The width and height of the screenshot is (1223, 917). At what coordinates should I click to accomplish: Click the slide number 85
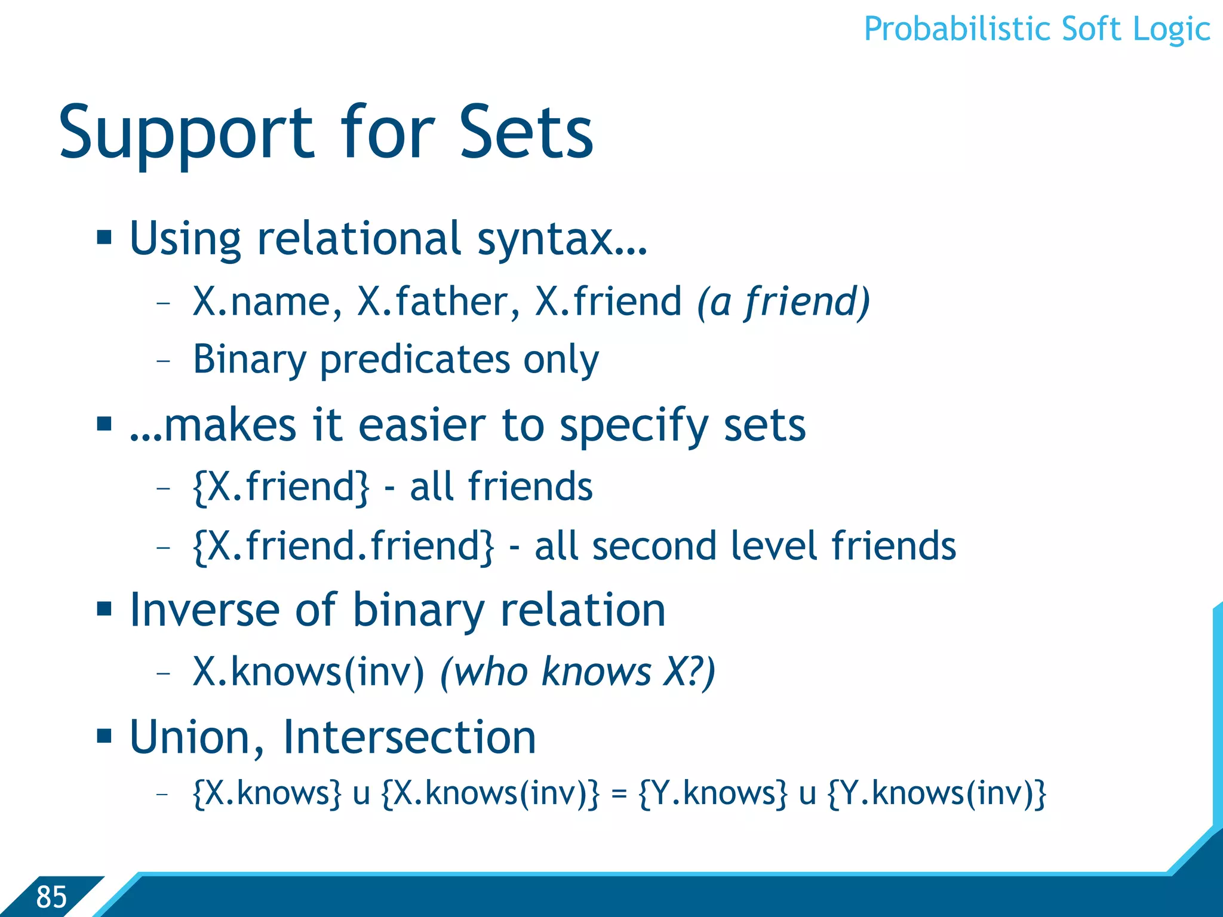pyautogui.click(x=51, y=896)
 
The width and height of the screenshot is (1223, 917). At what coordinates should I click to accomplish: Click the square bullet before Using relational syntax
pyautogui.click(x=105, y=237)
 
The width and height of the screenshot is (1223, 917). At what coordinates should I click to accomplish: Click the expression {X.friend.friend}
pyautogui.click(x=343, y=546)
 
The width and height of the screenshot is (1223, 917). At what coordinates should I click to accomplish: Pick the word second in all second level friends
pyautogui.click(x=654, y=546)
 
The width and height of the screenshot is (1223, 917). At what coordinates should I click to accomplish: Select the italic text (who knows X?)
pyautogui.click(x=577, y=672)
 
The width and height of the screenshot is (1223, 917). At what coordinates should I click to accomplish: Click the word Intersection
pyautogui.click(x=409, y=738)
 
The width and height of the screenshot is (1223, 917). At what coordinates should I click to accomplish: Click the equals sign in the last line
pyautogui.click(x=619, y=794)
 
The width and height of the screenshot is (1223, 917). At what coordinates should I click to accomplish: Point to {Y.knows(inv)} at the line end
pyautogui.click(x=937, y=794)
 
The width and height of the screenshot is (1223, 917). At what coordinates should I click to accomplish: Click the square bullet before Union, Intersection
pyautogui.click(x=105, y=736)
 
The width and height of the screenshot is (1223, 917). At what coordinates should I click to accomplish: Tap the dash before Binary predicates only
pyautogui.click(x=163, y=361)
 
